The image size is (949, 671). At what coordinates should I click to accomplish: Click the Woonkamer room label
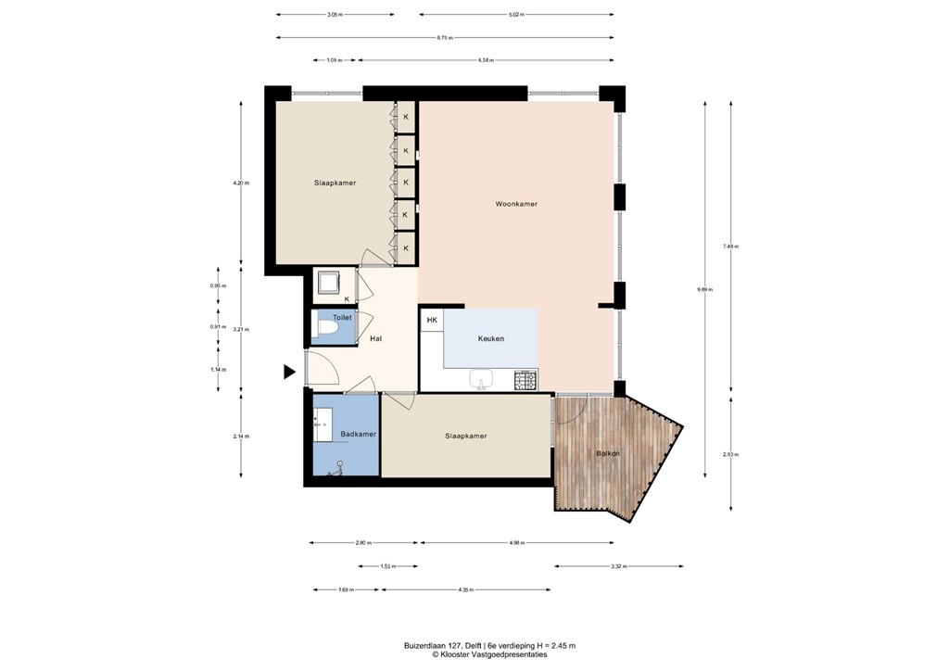516,204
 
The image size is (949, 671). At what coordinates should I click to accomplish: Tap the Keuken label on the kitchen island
491,338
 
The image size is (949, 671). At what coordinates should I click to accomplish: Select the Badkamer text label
358,434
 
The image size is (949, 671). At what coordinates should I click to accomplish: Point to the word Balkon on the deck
608,453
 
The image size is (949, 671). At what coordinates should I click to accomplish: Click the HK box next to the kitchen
432,321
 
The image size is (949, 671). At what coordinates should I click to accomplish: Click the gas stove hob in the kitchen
525,379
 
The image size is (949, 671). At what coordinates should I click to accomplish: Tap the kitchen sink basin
480,378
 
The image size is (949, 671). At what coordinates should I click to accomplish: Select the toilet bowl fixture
326,329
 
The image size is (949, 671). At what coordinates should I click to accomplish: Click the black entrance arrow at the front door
289,372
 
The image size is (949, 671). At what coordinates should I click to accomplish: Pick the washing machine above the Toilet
327,282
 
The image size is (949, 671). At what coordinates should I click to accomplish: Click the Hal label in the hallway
375,338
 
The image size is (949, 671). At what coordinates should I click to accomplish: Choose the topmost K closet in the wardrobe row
405,116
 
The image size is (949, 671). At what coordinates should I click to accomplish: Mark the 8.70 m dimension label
445,37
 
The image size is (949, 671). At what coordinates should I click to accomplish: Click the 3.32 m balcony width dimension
618,566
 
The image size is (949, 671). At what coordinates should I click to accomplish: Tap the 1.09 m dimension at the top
334,60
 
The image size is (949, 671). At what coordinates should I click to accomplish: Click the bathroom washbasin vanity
324,424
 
